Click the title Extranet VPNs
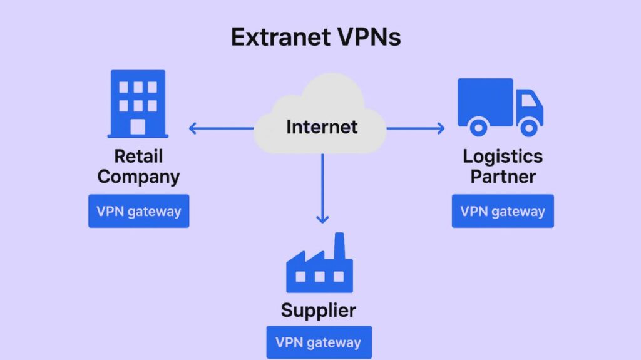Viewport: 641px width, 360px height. [315, 38]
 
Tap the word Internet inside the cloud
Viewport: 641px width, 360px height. [322, 127]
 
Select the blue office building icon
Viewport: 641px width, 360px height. [138, 103]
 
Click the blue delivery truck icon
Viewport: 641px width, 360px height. [500, 106]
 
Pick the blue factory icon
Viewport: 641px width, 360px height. [319, 266]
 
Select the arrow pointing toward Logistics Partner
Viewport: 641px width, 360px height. [416, 128]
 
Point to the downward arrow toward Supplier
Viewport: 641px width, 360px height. [322, 188]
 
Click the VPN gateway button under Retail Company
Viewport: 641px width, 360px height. [138, 211]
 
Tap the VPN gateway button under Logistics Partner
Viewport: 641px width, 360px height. [503, 211]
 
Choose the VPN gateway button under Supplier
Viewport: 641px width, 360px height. [319, 342]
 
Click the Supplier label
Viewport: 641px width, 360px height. [319, 310]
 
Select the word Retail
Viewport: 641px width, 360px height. [138, 156]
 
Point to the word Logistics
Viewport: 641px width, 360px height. [503, 156]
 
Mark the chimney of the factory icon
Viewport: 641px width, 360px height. [339, 244]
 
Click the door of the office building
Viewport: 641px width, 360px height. [138, 126]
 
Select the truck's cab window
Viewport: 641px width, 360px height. [528, 100]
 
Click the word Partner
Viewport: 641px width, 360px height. [503, 176]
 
